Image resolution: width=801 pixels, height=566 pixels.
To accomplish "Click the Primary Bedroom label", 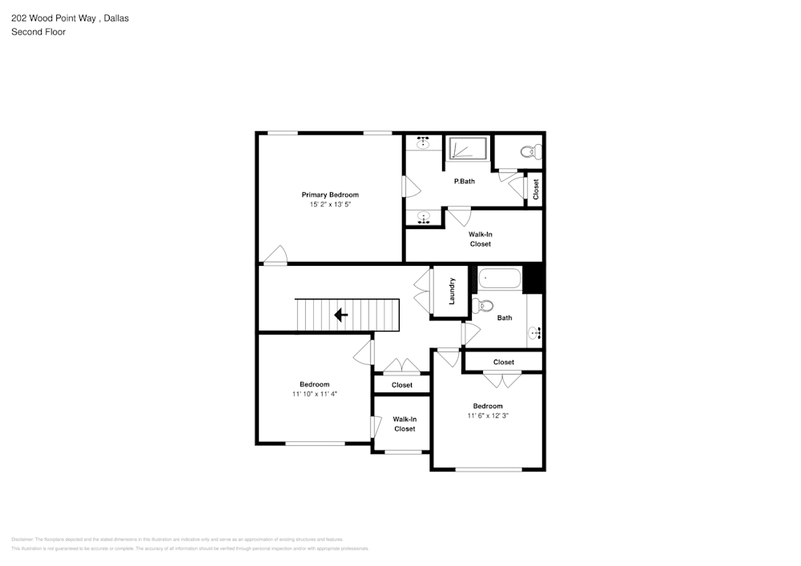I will (x=329, y=195).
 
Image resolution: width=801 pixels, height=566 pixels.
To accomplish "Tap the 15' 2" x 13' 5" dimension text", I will (x=329, y=205).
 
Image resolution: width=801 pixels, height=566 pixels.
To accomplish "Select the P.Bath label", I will (x=465, y=181).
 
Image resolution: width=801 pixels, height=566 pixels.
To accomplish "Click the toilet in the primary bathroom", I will (x=528, y=151).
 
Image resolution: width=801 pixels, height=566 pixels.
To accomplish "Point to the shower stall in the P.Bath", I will (x=467, y=149).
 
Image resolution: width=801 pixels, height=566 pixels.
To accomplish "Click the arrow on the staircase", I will (x=340, y=315).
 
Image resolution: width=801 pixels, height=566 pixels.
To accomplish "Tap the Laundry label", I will (x=452, y=291).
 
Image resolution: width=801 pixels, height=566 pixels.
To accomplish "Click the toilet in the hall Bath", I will (x=484, y=305).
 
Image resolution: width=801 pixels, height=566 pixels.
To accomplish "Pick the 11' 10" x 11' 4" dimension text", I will (x=314, y=394).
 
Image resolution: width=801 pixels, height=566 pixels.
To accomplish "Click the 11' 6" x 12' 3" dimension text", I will (x=488, y=415).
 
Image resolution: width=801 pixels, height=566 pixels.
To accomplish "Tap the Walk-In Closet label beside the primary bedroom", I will (x=480, y=239).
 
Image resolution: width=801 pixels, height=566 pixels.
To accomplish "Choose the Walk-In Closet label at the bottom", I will (x=405, y=423).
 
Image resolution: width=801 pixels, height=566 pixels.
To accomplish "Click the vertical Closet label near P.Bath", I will (x=536, y=189).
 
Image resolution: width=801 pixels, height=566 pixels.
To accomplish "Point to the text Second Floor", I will (x=38, y=32).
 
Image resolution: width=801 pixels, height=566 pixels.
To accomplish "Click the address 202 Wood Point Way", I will (x=55, y=18).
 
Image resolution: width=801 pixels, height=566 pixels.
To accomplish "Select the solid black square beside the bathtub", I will (x=533, y=278).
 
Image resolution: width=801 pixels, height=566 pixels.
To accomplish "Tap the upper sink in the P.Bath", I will (x=423, y=143).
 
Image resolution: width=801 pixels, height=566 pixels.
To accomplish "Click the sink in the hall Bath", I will (x=534, y=331).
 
